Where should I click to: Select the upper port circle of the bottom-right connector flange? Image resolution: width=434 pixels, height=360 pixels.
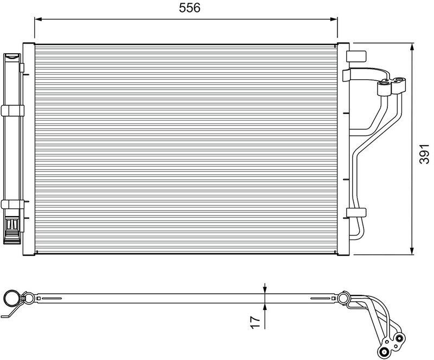pos(400,339)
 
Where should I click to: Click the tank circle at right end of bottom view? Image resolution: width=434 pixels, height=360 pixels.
pos(343,298)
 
